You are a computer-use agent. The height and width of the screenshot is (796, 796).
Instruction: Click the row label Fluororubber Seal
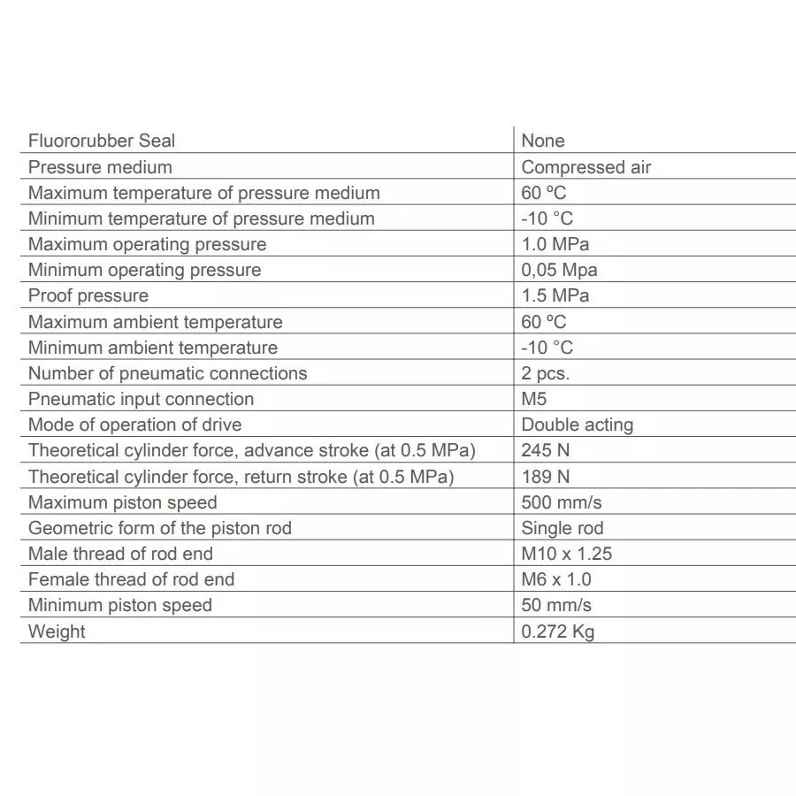pos(102,141)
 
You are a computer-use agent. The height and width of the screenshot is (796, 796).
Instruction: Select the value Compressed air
pos(586,167)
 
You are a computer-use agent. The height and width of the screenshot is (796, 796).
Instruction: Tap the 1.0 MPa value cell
pos(555,244)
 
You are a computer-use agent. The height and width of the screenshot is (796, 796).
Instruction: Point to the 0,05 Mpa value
pos(559,270)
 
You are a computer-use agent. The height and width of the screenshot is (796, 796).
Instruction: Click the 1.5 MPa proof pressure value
pos(555,295)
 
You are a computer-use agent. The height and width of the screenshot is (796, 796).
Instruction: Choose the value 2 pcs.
pos(546,373)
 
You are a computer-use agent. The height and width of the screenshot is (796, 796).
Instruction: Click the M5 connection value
pos(534,399)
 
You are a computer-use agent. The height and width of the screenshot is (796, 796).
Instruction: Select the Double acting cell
pos(577,425)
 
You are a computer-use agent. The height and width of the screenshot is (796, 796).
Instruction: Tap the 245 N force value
pos(546,450)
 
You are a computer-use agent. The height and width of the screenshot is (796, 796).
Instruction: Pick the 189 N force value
pos(546,477)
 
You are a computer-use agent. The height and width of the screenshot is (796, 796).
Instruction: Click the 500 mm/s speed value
pos(562,502)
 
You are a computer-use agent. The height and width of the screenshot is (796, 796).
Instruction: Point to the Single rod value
pos(563,528)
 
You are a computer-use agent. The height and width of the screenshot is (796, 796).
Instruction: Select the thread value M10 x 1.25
pos(567,554)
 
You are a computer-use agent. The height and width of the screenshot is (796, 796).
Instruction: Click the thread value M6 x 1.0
pos(556,579)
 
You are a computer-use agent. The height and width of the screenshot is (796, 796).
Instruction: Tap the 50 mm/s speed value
pos(556,605)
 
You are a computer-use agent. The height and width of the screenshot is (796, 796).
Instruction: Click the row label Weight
pos(57,631)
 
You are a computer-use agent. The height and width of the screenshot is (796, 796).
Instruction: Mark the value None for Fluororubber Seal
pos(543,141)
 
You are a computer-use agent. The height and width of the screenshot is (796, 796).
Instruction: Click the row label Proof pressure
pos(88,295)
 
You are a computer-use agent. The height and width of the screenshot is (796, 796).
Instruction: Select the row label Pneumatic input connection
pos(141,399)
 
